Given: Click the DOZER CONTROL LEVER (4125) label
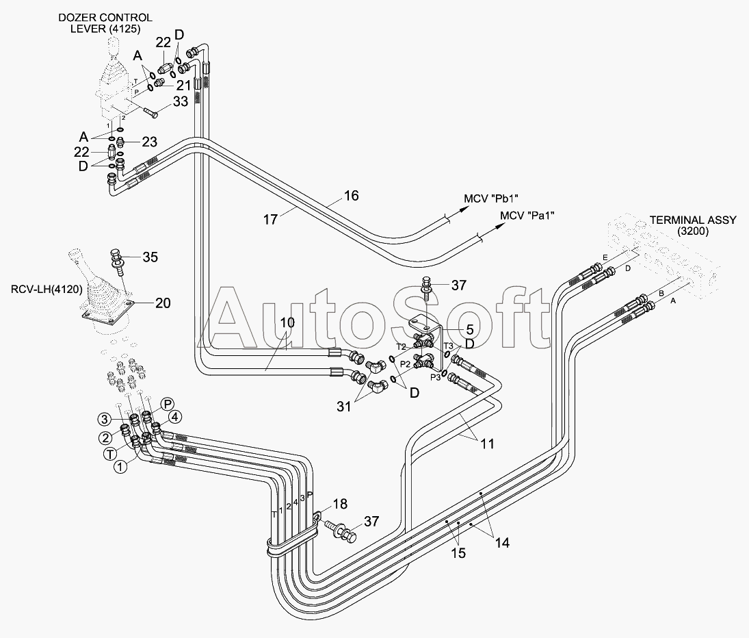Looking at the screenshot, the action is (x=105, y=23).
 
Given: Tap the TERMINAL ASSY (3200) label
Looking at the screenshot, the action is (x=693, y=226).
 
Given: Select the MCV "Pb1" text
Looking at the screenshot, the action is (x=491, y=198).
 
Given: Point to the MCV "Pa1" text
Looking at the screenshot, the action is (x=527, y=216).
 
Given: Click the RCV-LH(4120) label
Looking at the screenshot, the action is (x=47, y=289).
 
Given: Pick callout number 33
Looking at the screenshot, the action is (x=181, y=101).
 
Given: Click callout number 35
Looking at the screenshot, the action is (x=150, y=257).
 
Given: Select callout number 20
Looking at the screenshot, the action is (x=163, y=303).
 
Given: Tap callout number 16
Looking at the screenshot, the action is (x=351, y=196).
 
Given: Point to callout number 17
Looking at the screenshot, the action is (x=270, y=219).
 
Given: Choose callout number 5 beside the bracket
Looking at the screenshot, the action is (x=470, y=329).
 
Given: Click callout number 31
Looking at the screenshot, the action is (x=344, y=407).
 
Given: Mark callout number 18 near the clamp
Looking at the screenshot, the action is (x=340, y=504).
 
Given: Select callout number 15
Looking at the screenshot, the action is (x=458, y=553).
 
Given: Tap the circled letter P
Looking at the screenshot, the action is (x=167, y=405).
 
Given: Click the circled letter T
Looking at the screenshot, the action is (x=110, y=454).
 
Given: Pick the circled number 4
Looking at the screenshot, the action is (x=175, y=417).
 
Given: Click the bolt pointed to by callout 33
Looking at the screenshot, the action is (x=149, y=113).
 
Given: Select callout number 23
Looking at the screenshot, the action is (x=149, y=142).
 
